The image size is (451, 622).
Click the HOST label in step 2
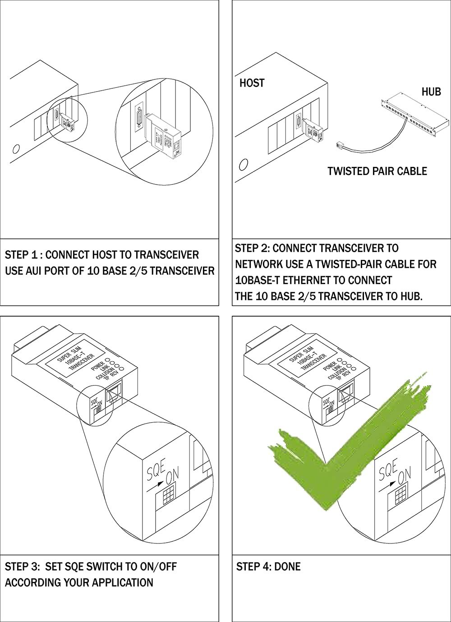click(x=252, y=83)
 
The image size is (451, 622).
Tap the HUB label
click(x=431, y=92)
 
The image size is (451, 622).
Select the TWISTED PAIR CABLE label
click(x=377, y=171)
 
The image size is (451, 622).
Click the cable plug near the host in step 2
click(x=341, y=145)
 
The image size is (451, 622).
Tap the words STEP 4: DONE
click(x=268, y=567)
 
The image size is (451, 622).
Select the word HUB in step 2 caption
click(x=410, y=296)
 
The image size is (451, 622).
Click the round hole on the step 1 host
click(x=17, y=148)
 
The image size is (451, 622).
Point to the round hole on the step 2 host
click(x=244, y=165)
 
